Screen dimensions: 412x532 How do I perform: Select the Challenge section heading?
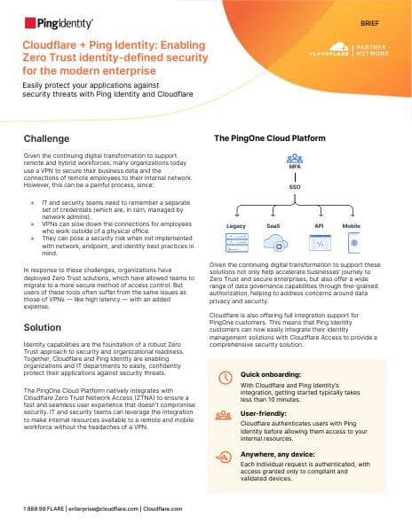pos(49,138)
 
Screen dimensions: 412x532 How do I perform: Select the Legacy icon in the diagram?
pos(235,242)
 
